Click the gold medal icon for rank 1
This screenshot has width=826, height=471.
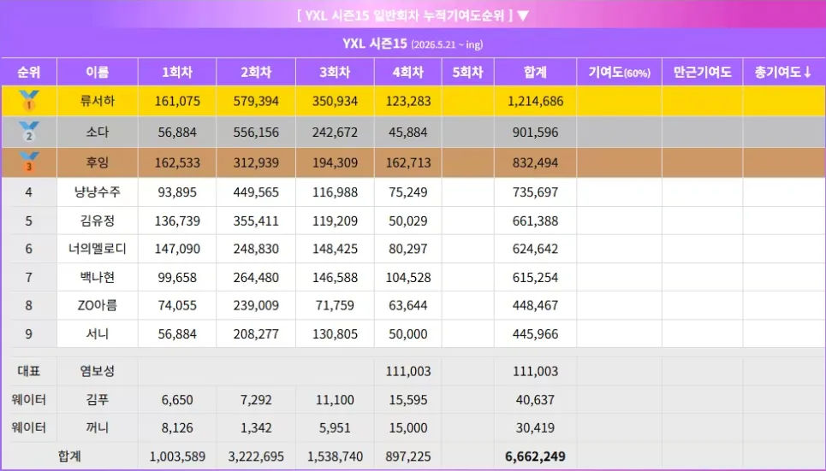28,101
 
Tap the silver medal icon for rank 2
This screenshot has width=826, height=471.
28,132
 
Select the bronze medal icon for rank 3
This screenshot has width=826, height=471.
28,162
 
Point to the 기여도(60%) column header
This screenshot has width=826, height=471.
619,73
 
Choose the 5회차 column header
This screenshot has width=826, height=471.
468,72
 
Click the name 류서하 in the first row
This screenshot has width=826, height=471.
98,101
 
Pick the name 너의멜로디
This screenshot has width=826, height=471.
98,249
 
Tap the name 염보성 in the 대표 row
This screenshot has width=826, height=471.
98,371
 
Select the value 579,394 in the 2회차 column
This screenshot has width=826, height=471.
256,101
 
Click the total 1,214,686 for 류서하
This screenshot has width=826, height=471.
535,101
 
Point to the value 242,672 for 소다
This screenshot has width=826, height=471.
335,132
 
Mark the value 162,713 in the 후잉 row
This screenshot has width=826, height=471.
408,162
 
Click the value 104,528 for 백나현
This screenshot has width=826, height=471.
408,277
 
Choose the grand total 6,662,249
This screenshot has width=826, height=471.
535,456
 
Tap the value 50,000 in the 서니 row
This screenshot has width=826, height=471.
408,334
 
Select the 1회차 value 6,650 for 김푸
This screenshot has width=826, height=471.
177,400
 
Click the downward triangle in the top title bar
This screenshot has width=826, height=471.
523,15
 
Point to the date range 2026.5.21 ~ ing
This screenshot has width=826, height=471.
447,44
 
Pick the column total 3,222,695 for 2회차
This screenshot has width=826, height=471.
256,456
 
